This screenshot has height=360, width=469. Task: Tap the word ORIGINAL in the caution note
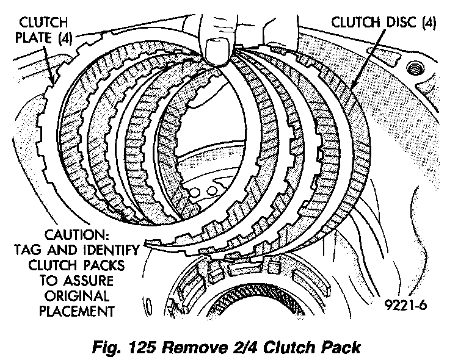pyautogui.click(x=76, y=297)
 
